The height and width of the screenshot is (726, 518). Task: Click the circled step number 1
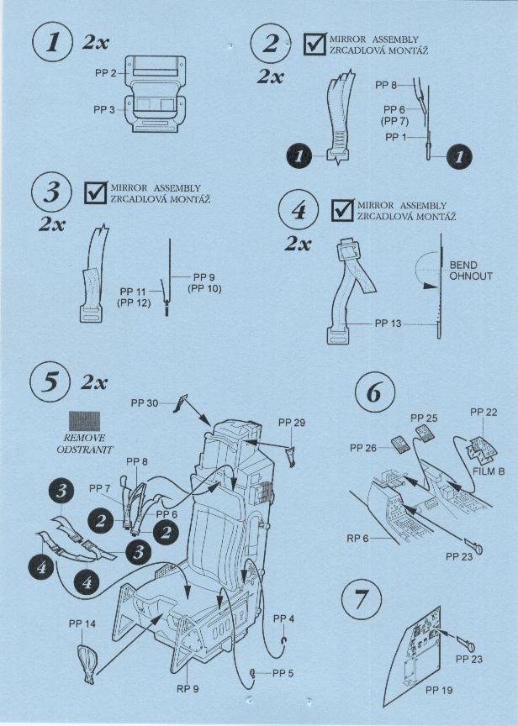pyautogui.click(x=52, y=43)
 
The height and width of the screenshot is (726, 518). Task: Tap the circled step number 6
pyautogui.click(x=375, y=392)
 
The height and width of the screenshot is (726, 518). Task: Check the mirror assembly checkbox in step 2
pyautogui.click(x=315, y=45)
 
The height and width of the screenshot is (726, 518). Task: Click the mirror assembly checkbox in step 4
pyautogui.click(x=343, y=210)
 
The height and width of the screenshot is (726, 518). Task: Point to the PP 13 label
pyautogui.click(x=388, y=324)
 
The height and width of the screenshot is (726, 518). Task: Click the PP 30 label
pyautogui.click(x=145, y=403)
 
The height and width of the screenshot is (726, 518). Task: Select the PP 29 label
pyautogui.click(x=292, y=423)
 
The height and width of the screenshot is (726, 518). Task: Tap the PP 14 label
pyautogui.click(x=82, y=624)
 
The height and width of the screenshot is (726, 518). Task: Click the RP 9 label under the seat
pyautogui.click(x=188, y=689)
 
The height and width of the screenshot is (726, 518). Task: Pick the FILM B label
pyautogui.click(x=489, y=471)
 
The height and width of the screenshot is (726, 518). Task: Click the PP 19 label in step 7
pyautogui.click(x=439, y=691)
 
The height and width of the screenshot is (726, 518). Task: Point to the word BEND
pyautogui.click(x=463, y=266)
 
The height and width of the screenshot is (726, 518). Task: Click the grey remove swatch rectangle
pyautogui.click(x=84, y=421)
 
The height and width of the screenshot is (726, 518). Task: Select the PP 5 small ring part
pyautogui.click(x=253, y=673)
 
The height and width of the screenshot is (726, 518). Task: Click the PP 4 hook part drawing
pyautogui.click(x=284, y=641)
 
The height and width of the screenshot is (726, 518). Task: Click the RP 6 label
pyautogui.click(x=357, y=539)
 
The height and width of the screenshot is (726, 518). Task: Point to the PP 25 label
pyautogui.click(x=424, y=418)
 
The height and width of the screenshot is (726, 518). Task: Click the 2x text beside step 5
pyautogui.click(x=94, y=383)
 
